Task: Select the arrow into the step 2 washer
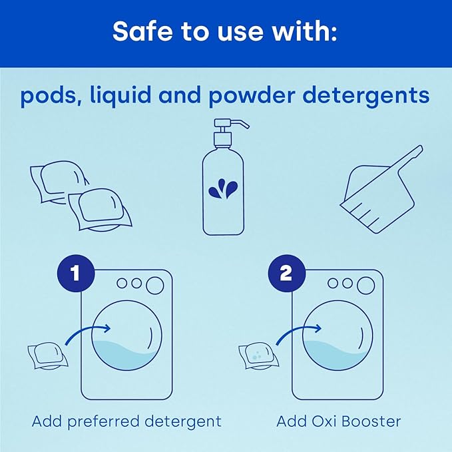pos(299,334)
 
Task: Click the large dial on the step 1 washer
pos(155,285)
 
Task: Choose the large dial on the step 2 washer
pos(365,285)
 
